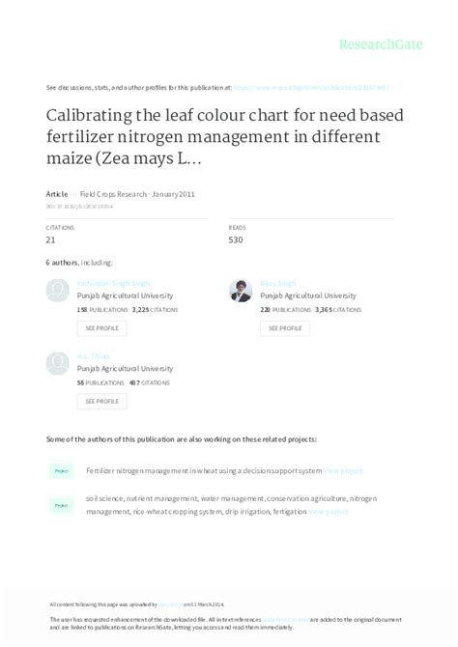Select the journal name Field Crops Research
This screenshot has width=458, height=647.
(113, 194)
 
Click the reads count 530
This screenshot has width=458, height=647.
(237, 239)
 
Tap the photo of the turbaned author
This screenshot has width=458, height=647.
(241, 290)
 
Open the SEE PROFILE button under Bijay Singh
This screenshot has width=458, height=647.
(284, 328)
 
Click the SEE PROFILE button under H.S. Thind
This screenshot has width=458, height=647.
(101, 401)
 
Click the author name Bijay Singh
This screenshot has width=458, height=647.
(278, 284)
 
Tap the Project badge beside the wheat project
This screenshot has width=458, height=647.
(61, 471)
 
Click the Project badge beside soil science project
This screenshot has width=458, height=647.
(61, 505)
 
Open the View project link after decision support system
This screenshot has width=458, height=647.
(343, 471)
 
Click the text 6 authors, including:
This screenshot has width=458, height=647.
(79, 263)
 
